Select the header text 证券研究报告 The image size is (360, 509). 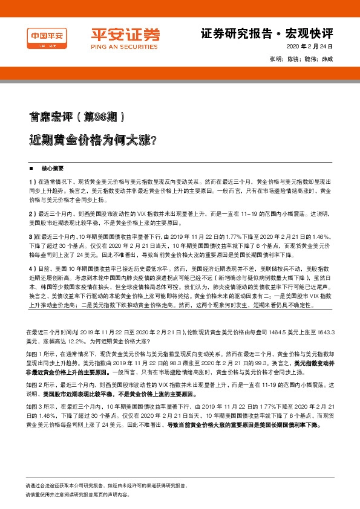(x=228, y=33)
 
